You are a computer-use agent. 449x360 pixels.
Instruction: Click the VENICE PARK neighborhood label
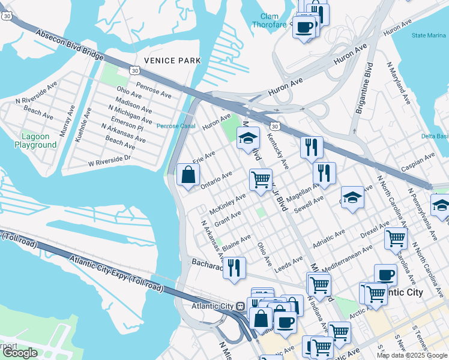coord(167,61)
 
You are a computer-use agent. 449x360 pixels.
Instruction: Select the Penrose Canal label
coord(176,126)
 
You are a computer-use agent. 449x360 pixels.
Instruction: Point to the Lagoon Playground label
coord(35,141)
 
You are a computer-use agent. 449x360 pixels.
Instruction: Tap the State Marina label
coord(429,35)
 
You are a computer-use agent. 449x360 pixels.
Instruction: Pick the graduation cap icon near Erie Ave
coord(248,138)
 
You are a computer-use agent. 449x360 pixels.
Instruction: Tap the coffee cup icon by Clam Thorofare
coord(304,26)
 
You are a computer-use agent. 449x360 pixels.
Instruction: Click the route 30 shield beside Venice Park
coord(135,71)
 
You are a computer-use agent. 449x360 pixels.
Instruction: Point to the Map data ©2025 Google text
coord(411,355)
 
